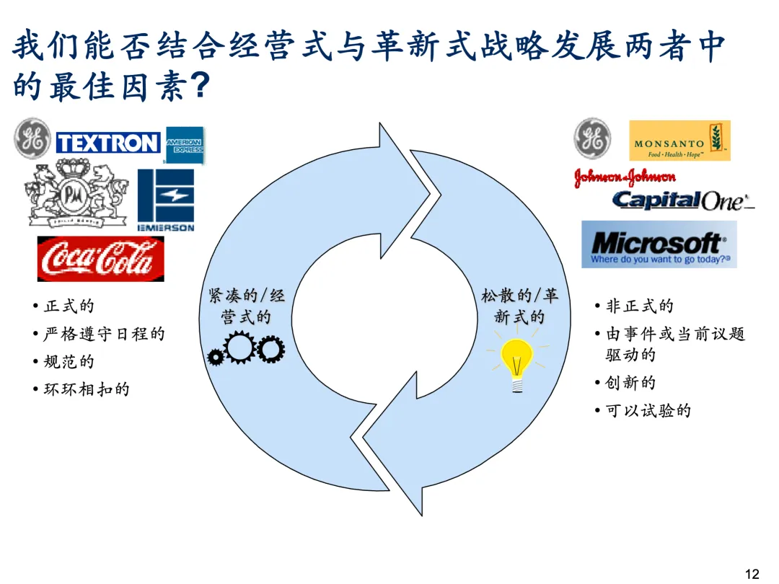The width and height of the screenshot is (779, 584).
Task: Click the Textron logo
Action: coord(108,143)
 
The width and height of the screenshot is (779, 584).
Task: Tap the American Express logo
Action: coord(185,145)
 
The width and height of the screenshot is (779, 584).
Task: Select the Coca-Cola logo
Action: coord(100,258)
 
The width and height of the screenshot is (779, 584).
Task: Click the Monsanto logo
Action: coord(679,141)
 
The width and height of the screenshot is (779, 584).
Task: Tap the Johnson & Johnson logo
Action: coord(625,177)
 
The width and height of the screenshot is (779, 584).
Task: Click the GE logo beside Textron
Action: coord(33,139)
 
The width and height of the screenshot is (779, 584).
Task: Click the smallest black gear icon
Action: coord(215,356)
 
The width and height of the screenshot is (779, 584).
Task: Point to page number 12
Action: coord(752,574)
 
